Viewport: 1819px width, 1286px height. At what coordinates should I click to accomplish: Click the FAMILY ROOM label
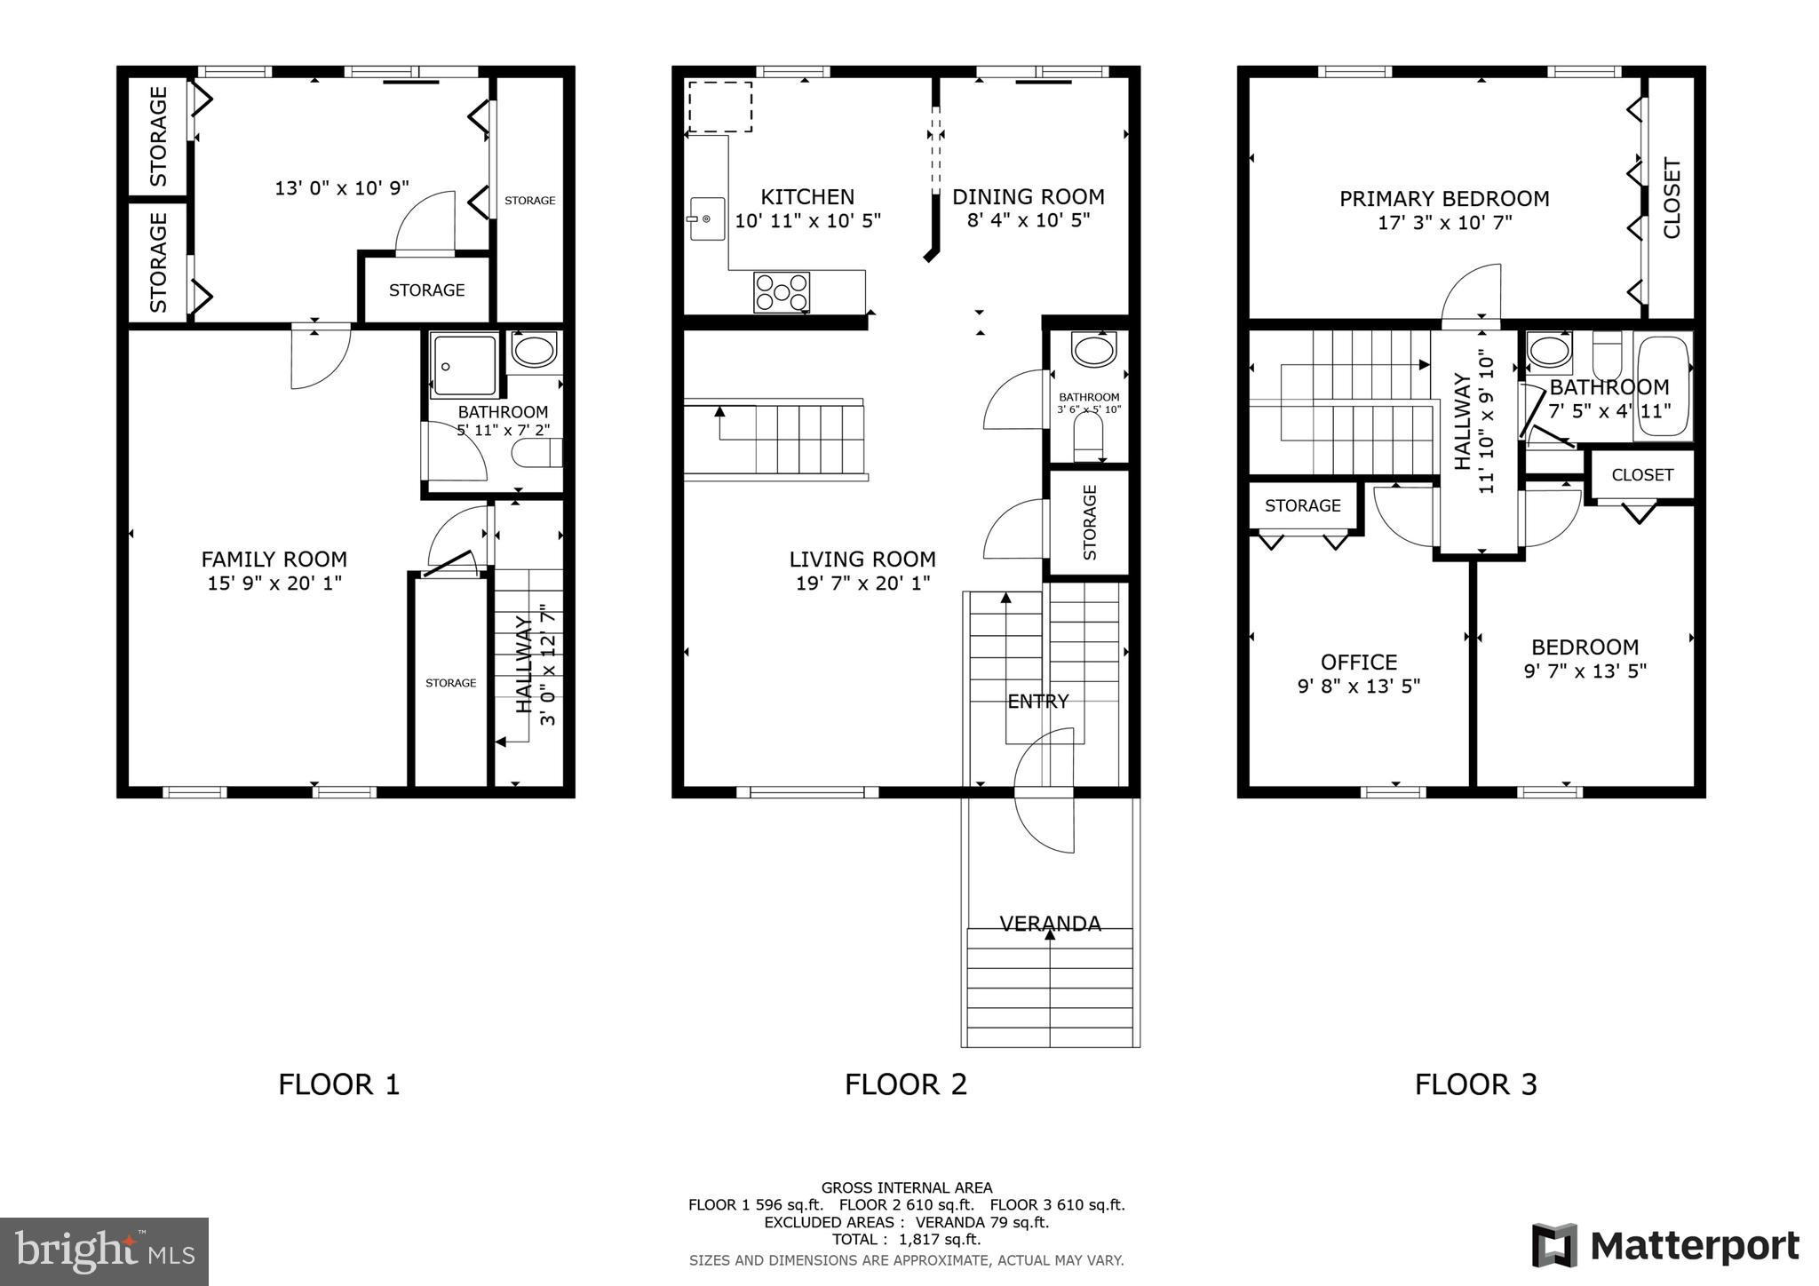(274, 560)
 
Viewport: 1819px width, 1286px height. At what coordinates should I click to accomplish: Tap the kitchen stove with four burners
(782, 292)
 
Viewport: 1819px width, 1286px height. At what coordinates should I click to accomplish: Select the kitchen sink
(707, 218)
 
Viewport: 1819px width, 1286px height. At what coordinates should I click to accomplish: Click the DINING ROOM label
(1029, 197)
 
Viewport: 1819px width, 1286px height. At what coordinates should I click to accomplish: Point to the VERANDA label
(1050, 924)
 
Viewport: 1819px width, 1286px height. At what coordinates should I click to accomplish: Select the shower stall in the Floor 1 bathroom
(465, 365)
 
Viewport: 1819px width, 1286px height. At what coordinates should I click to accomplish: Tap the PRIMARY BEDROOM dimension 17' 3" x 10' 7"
(1444, 223)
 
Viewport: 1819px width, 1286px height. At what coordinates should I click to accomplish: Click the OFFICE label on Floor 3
(1359, 663)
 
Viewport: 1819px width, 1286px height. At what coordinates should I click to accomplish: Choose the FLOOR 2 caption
(905, 1084)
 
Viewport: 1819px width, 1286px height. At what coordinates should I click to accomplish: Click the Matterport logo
(1665, 1246)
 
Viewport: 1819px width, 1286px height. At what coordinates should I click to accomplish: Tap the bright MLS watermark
(105, 1251)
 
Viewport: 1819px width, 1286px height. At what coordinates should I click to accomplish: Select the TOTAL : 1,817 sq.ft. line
(906, 1240)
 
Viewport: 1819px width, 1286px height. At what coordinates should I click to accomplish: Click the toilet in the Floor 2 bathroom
(1088, 438)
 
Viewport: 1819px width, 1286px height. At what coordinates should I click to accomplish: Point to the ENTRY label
(1037, 702)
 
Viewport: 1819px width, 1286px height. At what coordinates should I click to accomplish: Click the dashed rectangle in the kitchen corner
(720, 107)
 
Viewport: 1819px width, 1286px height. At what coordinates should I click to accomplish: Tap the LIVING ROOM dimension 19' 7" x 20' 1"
(862, 583)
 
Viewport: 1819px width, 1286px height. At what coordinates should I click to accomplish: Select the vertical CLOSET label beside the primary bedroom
(1672, 198)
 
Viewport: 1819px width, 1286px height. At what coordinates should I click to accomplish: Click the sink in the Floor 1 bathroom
(534, 351)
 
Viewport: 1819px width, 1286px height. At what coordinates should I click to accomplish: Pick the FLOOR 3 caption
(1475, 1084)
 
